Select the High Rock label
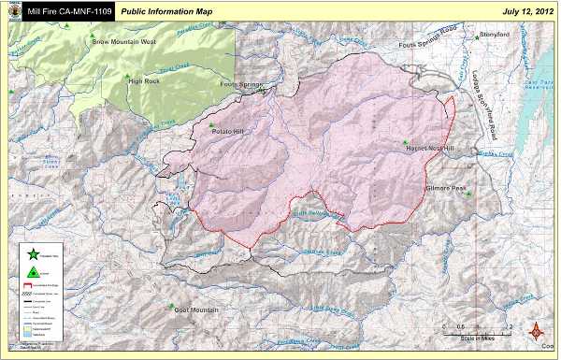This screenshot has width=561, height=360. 146,81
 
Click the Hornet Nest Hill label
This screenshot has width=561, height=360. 429,148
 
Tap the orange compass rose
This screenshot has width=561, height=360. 538,332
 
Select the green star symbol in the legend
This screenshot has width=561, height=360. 32,253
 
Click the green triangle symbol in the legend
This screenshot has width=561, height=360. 32,270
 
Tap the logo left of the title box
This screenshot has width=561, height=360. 11,9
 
